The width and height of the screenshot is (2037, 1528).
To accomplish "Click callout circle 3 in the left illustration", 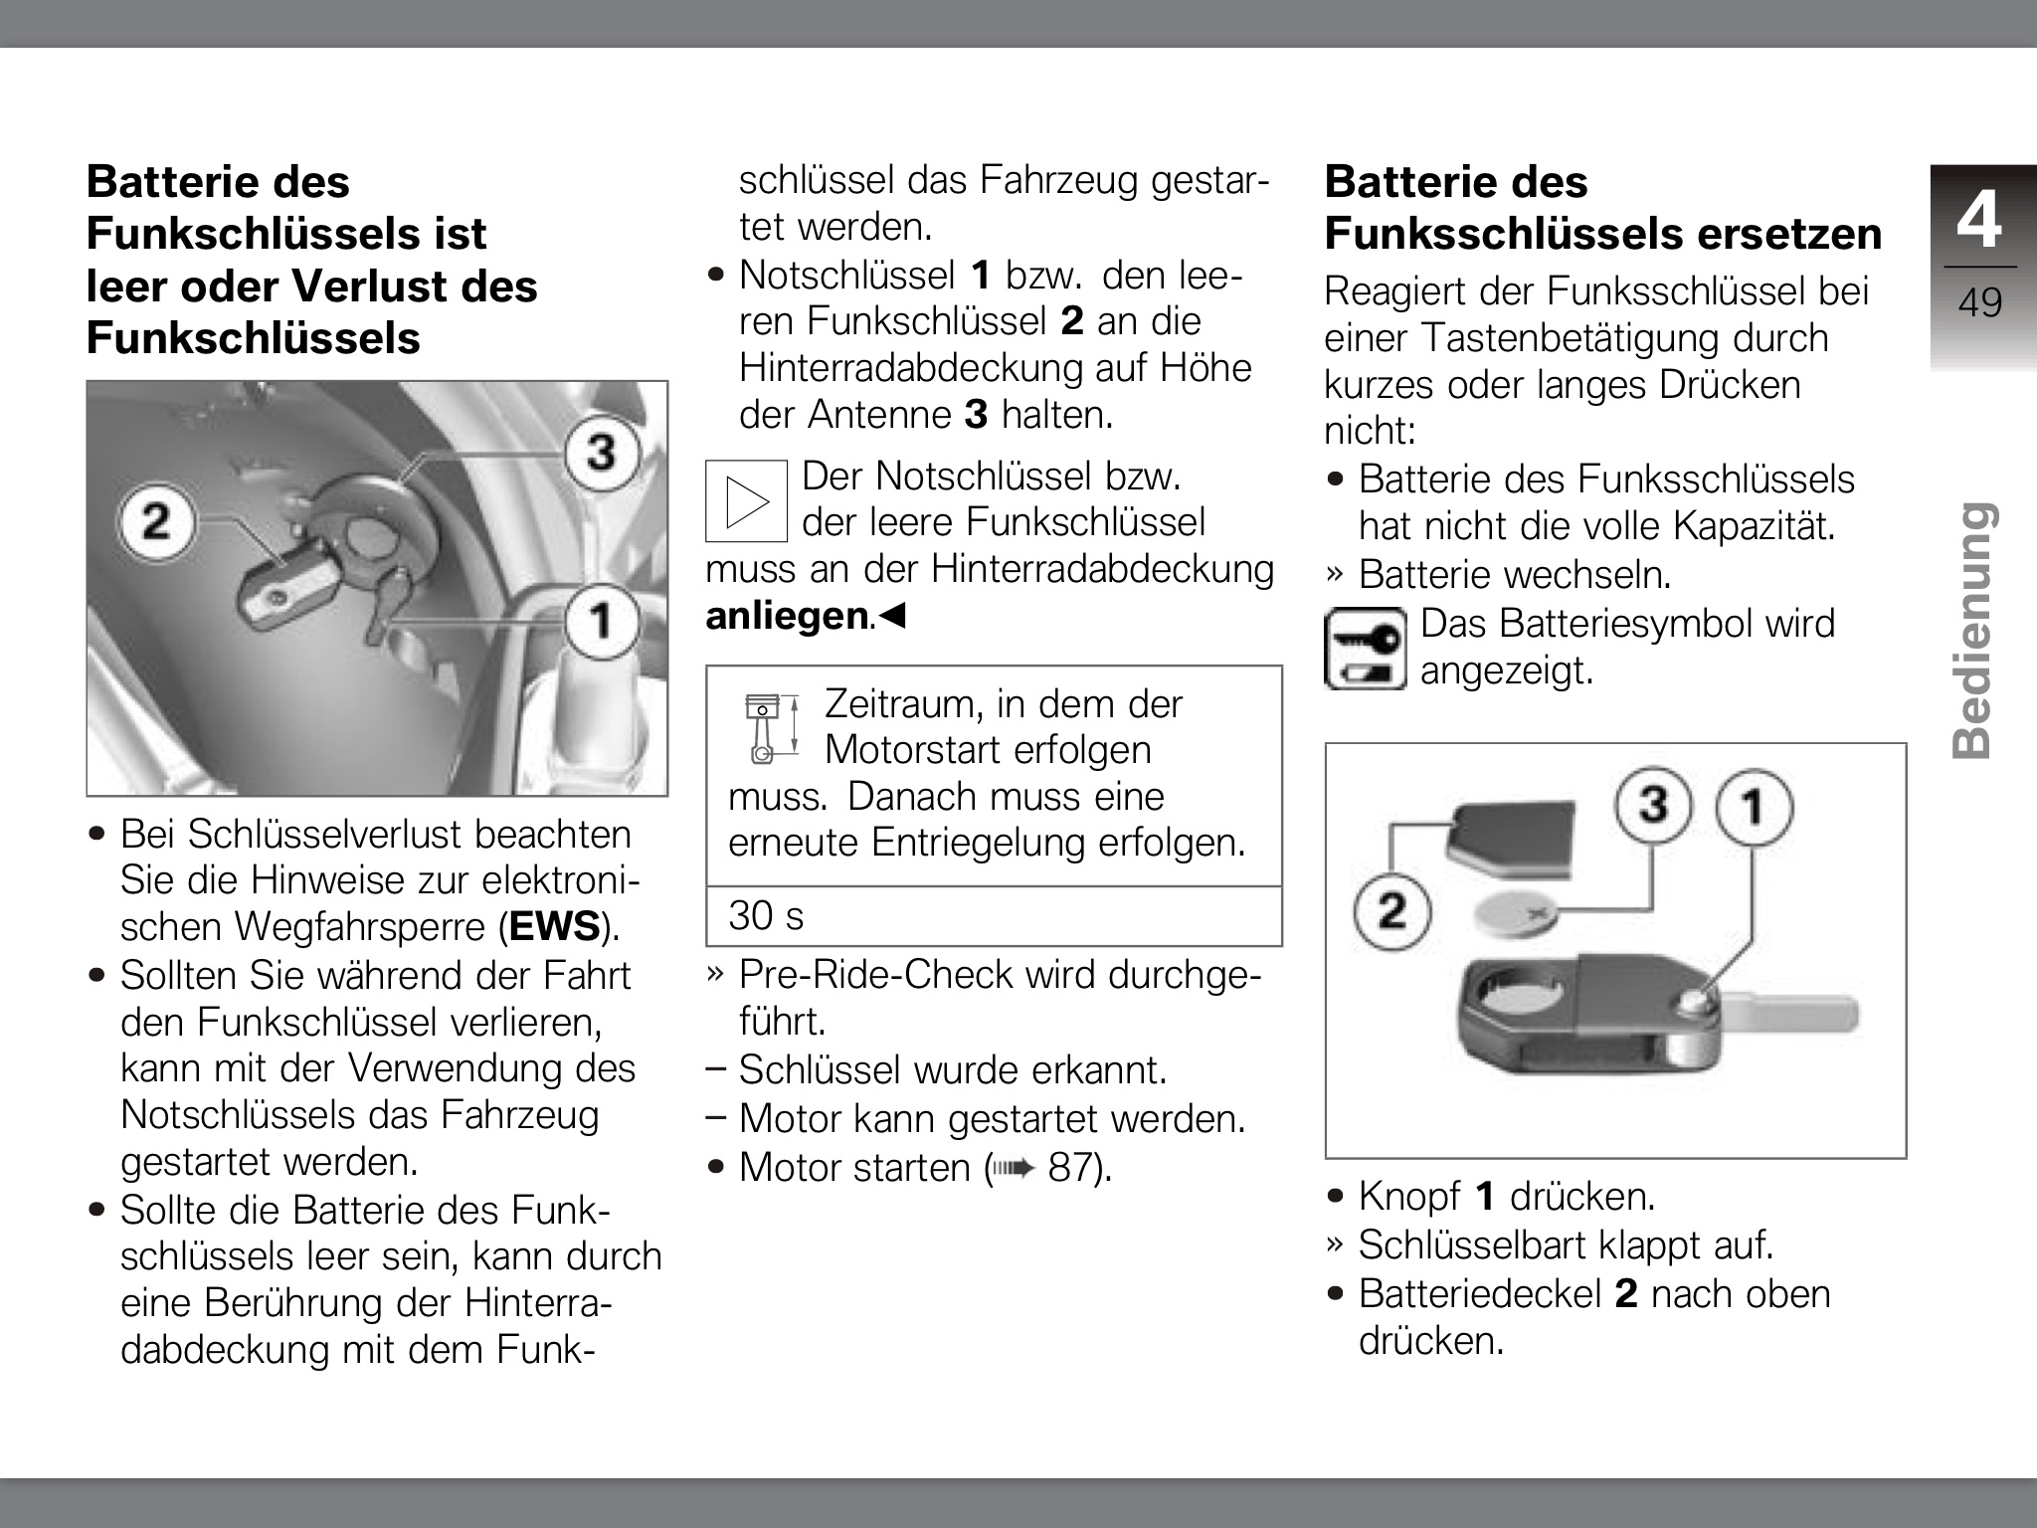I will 601,454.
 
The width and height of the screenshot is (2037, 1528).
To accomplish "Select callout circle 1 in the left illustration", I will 602,621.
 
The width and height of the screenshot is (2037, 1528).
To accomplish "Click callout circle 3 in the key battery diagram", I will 1652,804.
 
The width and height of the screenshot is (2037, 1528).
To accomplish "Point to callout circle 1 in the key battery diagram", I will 1754,806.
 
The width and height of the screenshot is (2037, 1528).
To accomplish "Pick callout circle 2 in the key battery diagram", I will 1391,910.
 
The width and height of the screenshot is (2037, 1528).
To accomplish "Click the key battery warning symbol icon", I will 1365,649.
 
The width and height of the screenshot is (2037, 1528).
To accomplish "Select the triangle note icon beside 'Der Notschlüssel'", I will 746,500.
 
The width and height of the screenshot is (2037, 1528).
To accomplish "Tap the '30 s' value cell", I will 766,916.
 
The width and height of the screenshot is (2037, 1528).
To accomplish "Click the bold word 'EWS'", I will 554,927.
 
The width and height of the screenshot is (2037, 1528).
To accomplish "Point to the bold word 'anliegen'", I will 787,617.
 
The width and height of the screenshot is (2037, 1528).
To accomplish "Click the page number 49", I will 1979,302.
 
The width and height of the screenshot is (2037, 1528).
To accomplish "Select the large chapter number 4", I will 1978,220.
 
